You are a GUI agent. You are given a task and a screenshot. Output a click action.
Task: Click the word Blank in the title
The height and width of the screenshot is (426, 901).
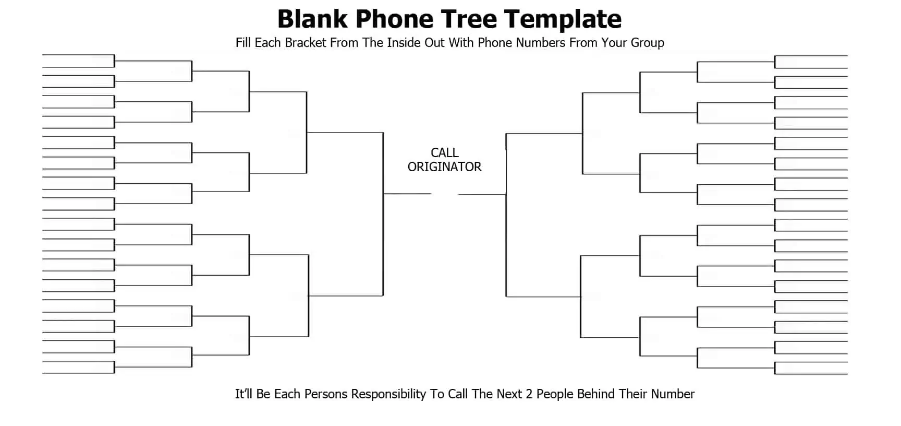pyautogui.click(x=312, y=19)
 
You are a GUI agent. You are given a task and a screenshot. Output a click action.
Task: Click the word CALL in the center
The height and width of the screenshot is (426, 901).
pyautogui.click(x=444, y=152)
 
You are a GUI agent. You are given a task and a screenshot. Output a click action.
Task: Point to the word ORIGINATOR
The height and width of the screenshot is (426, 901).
pyautogui.click(x=444, y=167)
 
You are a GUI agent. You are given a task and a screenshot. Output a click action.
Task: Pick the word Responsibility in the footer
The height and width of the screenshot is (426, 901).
pyautogui.click(x=388, y=394)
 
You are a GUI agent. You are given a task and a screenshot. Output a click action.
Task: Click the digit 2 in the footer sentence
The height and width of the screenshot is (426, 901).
pyautogui.click(x=529, y=394)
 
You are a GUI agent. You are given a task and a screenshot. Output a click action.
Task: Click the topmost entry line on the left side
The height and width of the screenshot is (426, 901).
pyautogui.click(x=78, y=54)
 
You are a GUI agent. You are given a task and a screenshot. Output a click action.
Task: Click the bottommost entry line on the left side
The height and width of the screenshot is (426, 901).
pyautogui.click(x=78, y=373)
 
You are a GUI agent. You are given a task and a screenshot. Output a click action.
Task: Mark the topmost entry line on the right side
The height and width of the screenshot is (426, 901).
pyautogui.click(x=811, y=55)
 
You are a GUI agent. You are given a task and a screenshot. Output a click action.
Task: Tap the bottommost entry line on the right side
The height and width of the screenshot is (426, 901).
pyautogui.click(x=811, y=374)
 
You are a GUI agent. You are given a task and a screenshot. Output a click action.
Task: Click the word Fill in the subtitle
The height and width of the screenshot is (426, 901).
pyautogui.click(x=243, y=43)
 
